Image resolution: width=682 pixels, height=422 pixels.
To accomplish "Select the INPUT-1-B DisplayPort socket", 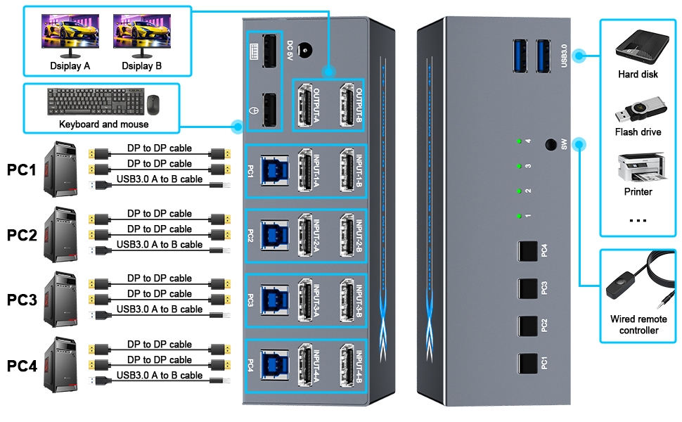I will tap(346, 171).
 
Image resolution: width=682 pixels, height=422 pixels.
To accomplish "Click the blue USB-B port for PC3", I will tap(271, 300).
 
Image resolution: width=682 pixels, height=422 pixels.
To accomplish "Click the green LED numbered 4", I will tap(517, 141).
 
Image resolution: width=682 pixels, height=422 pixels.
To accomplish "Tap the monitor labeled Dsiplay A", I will tap(69, 36).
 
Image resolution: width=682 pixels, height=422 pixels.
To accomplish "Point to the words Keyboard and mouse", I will tap(104, 124).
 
